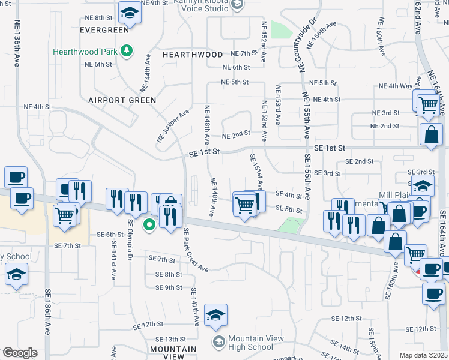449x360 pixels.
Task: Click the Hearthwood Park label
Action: [85, 52]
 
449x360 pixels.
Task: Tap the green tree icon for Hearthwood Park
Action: [127, 51]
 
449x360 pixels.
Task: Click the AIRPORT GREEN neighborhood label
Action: [122, 100]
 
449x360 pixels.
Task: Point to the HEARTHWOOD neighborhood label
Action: [193, 55]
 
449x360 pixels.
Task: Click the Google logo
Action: [20, 353]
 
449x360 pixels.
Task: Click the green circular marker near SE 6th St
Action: [149, 226]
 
